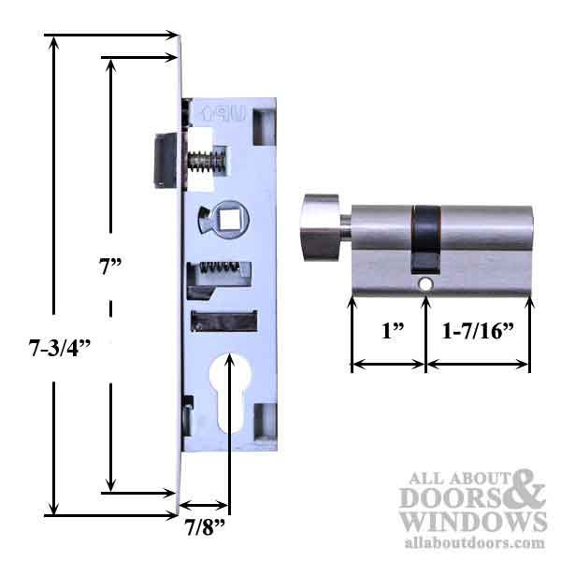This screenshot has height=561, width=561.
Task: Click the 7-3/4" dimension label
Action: pyautogui.click(x=55, y=351)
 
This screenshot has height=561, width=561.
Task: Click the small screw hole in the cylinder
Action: pyautogui.click(x=424, y=281)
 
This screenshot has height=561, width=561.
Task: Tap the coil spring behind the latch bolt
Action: pyautogui.click(x=207, y=162)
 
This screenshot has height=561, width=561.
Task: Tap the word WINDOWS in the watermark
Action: pyautogui.click(x=472, y=522)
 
